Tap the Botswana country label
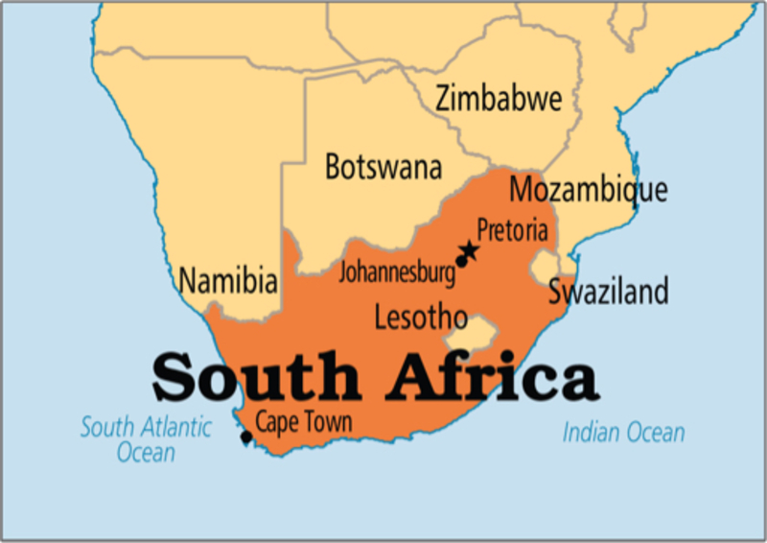(383, 167)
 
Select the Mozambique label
(588, 189)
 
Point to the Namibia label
(228, 281)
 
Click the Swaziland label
(608, 292)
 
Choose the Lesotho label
(421, 317)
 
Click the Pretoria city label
(513, 231)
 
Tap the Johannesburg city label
(397, 271)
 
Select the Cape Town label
(303, 421)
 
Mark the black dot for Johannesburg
(461, 261)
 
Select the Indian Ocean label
(623, 433)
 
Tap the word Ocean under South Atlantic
(146, 452)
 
